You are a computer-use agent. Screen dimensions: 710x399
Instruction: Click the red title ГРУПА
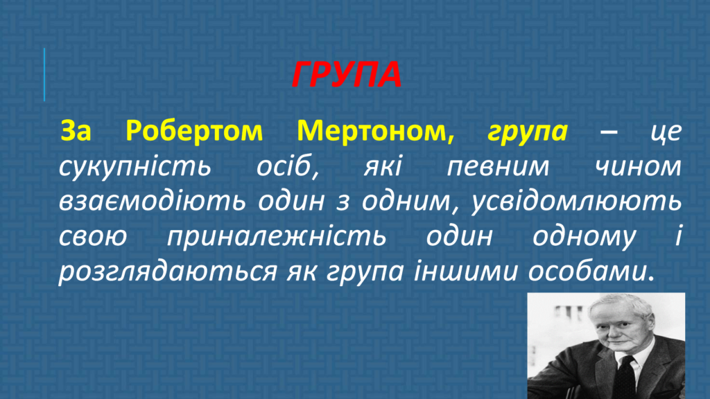pyautogui.click(x=347, y=74)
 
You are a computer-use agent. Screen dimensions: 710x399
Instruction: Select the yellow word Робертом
pyautogui.click(x=194, y=131)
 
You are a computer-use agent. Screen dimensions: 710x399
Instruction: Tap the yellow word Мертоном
pyautogui.click(x=375, y=132)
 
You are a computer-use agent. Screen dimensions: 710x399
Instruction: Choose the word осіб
pyautogui.click(x=288, y=166)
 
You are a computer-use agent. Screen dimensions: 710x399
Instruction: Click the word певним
pyautogui.click(x=498, y=166)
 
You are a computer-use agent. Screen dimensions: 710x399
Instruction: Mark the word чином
pyautogui.click(x=638, y=166)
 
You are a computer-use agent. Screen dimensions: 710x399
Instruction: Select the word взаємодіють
pyautogui.click(x=153, y=202)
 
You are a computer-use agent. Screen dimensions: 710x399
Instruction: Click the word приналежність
pyautogui.click(x=277, y=237)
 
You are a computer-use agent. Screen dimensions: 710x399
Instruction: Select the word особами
pyautogui.click(x=591, y=271)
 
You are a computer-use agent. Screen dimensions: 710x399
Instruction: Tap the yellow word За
pyautogui.click(x=76, y=131)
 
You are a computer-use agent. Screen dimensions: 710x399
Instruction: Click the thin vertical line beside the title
pyautogui.click(x=44, y=74)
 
